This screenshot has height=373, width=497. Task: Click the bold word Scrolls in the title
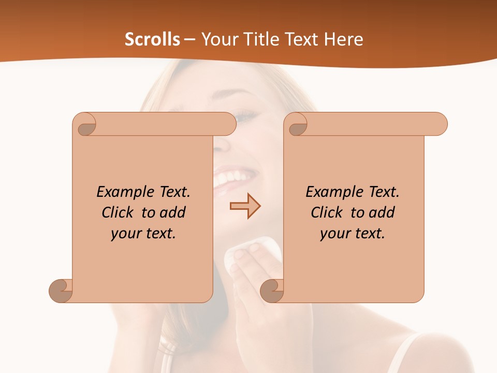tap(152, 39)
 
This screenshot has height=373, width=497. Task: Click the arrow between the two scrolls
tap(245, 206)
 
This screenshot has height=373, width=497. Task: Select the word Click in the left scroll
tap(119, 212)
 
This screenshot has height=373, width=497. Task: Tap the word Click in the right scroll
tap(327, 212)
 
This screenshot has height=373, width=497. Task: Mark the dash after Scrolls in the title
tap(190, 39)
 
